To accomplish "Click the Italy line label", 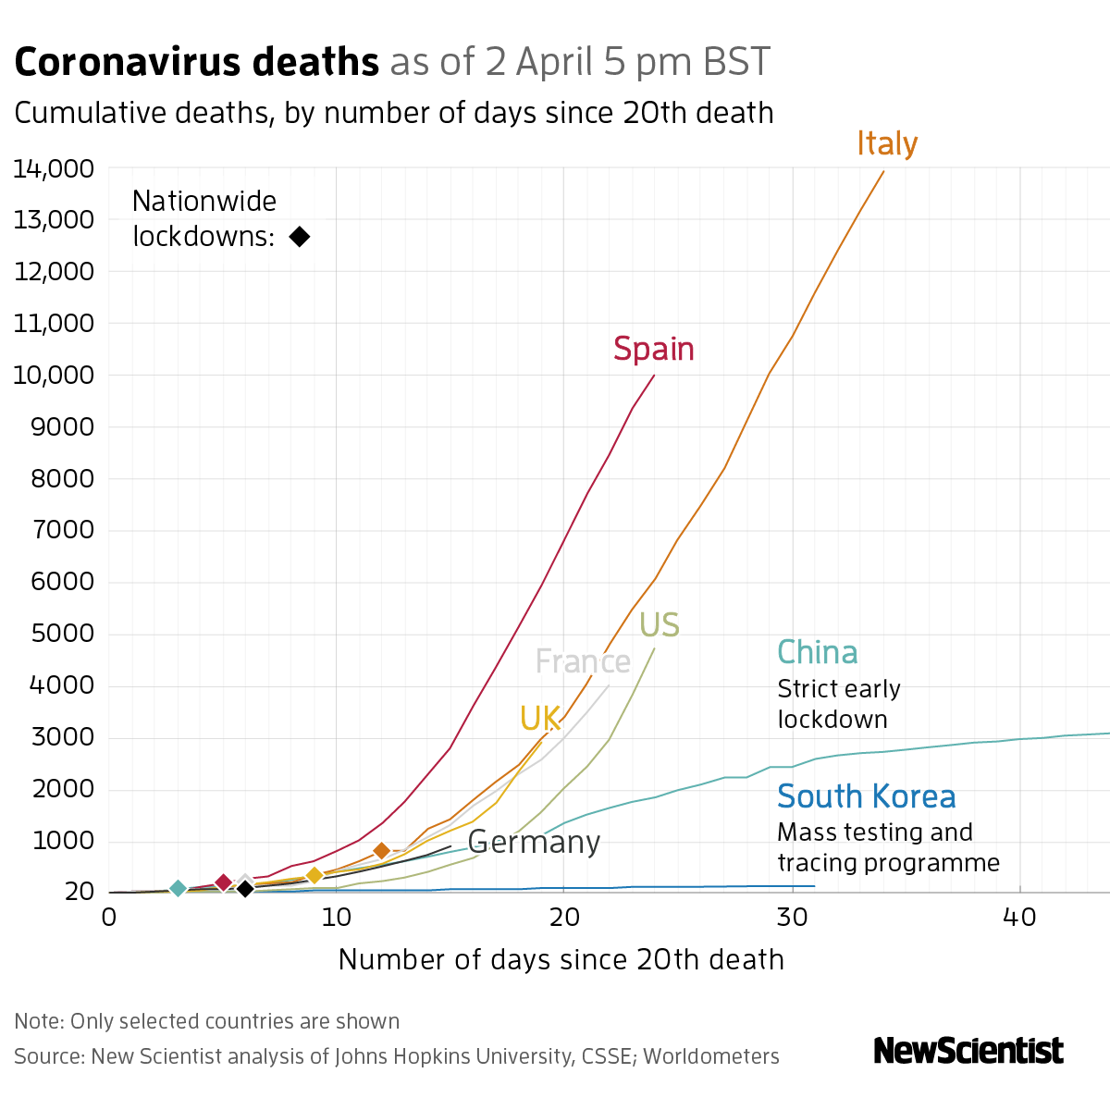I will [887, 144].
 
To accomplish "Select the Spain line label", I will [654, 350].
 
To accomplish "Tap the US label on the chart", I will [660, 626].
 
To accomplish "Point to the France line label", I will [583, 662].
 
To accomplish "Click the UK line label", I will [540, 719].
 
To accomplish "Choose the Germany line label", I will [534, 843].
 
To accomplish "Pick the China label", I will [818, 653].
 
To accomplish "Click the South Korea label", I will [867, 796].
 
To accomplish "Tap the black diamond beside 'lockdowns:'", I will [299, 237].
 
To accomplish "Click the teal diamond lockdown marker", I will [179, 889].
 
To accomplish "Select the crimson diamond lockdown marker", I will [223, 883].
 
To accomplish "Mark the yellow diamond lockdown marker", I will [314, 875].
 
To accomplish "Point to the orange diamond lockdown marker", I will [381, 851].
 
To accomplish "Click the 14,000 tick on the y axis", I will [54, 168].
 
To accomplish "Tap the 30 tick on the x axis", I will [792, 917].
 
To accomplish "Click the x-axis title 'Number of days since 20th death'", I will [561, 960].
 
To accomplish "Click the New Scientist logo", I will [968, 1051].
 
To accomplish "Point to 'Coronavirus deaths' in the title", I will [197, 63].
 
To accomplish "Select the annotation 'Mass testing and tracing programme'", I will [888, 847].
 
